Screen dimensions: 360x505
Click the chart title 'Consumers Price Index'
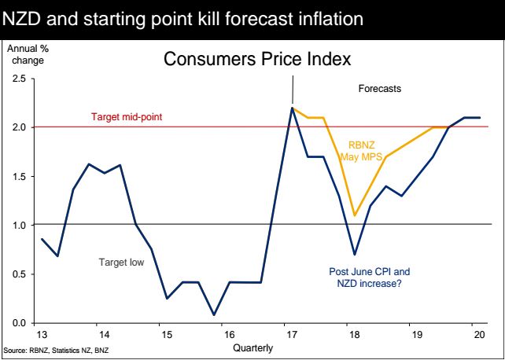click(256, 59)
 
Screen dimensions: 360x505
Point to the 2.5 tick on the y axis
click(19, 79)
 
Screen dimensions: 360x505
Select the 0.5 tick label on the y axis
click(19, 274)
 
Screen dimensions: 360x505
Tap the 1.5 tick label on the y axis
click(19, 177)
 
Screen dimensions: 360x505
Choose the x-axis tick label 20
click(477, 334)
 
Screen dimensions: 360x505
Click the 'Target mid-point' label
click(138, 118)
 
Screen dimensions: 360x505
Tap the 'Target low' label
click(121, 262)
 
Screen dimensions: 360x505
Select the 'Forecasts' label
click(380, 89)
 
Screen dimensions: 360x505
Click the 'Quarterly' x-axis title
click(253, 349)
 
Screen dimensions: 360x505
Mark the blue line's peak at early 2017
click(293, 108)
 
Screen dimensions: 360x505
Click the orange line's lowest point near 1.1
click(356, 215)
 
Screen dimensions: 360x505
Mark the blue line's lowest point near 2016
click(214, 314)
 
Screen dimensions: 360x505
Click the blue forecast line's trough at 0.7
click(356, 254)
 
